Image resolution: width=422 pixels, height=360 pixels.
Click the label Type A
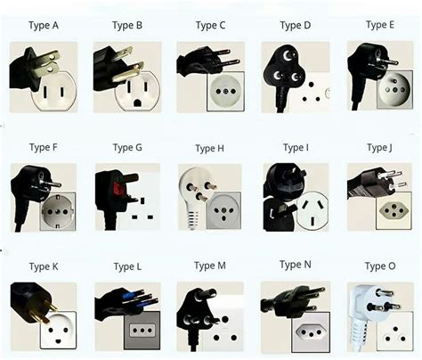point(43,25)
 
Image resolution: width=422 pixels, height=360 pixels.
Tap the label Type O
point(380,266)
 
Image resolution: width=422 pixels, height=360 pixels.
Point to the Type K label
point(44,266)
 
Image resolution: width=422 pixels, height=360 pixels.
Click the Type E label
point(380,25)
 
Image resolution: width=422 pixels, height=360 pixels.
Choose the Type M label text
point(211,266)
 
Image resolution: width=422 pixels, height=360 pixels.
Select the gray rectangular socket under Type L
point(142,330)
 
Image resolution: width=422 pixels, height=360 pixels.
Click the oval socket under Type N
point(310,332)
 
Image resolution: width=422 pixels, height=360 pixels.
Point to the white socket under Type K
point(57,329)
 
